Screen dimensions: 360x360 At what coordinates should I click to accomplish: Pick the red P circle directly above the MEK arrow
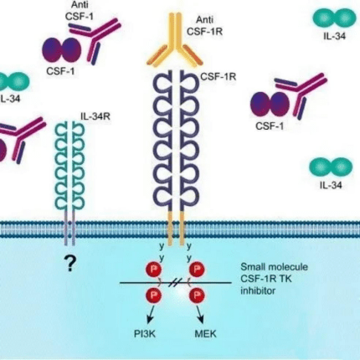197,295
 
